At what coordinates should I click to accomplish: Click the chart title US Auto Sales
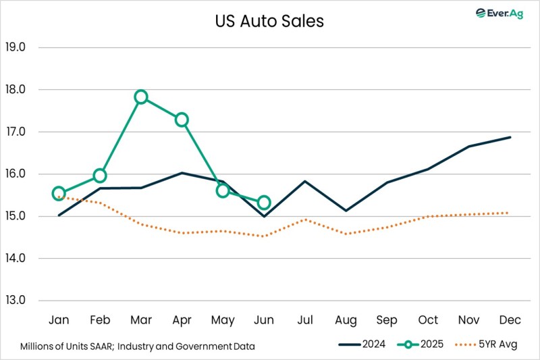270,22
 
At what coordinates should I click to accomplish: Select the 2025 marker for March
140,97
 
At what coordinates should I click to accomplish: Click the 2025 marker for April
182,120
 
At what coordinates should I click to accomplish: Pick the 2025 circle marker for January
59,193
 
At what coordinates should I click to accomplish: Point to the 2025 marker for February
100,176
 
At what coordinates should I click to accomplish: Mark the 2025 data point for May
223,190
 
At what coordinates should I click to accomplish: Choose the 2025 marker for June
264,202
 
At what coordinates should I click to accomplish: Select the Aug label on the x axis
346,319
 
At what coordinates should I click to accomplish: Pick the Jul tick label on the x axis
305,319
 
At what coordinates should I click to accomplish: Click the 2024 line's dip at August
346,211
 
